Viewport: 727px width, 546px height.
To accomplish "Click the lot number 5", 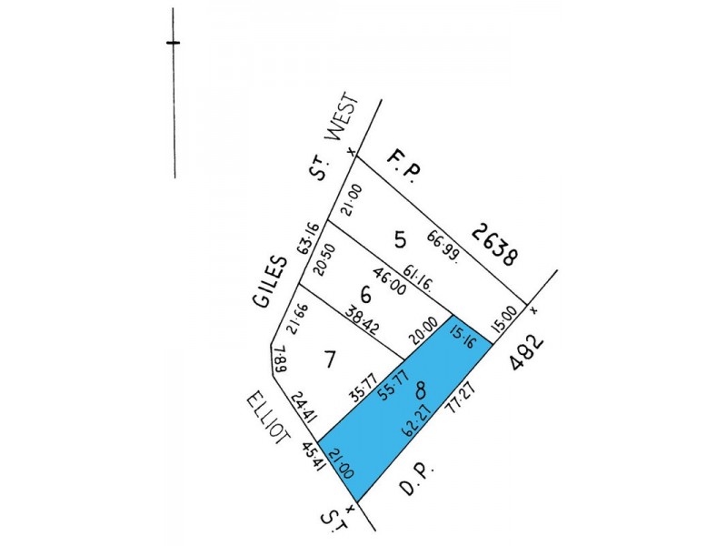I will coord(400,240).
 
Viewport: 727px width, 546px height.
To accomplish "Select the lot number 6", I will coord(366,295).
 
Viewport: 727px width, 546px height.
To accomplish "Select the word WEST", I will coord(347,122).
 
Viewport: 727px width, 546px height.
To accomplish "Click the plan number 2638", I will coord(494,244).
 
